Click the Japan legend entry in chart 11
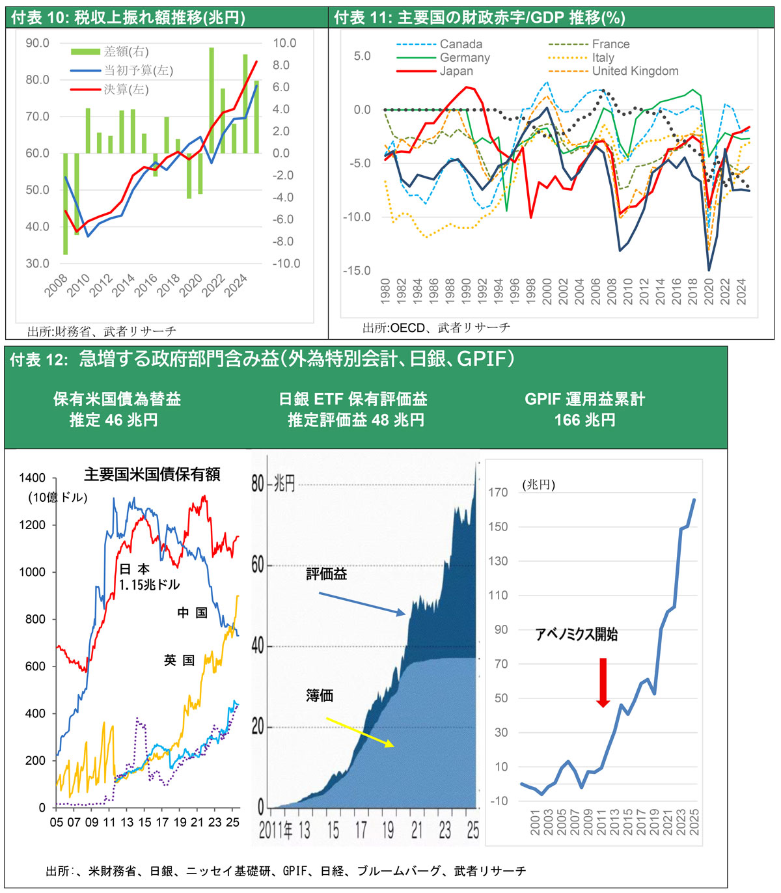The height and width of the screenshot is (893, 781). coord(456,71)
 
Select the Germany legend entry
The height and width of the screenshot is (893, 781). coord(464,57)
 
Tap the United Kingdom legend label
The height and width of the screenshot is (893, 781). coord(635,71)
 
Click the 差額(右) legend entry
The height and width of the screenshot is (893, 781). coord(126,51)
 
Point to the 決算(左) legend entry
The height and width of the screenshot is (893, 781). coord(126,89)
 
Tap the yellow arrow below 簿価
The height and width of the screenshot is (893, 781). coord(360,732)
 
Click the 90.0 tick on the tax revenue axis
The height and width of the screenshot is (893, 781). coord(37,43)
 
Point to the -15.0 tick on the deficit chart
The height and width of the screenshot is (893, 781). coord(357,271)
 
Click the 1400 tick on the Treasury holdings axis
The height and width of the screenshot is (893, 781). coord(33,478)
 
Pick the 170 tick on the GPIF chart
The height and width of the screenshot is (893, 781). coord(499,492)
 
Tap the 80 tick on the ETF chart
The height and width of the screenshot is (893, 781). coord(258,484)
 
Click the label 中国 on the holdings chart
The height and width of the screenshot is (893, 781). coord(193,612)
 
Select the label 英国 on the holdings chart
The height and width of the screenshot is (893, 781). coord(179,660)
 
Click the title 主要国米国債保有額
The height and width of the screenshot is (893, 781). coord(152,474)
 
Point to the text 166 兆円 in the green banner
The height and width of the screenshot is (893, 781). coord(584,420)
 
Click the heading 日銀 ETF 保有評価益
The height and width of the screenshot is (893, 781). coord(353,399)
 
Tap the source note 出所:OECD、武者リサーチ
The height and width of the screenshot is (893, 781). coord(436,327)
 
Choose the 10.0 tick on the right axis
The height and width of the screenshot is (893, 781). coord(284,43)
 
